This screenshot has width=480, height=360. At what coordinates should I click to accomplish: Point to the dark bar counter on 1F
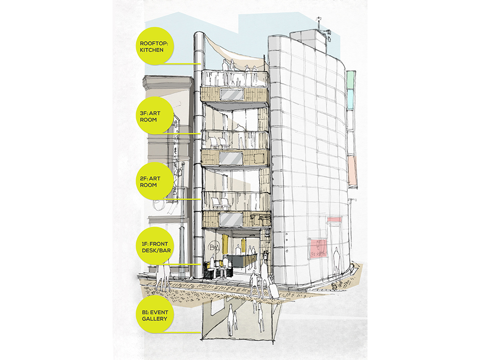pyautogui.click(x=239, y=260)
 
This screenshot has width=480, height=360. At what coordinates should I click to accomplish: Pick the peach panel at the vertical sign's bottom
pyautogui.click(x=353, y=171)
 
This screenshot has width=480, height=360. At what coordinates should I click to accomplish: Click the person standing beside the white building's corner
pyautogui.click(x=337, y=261)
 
